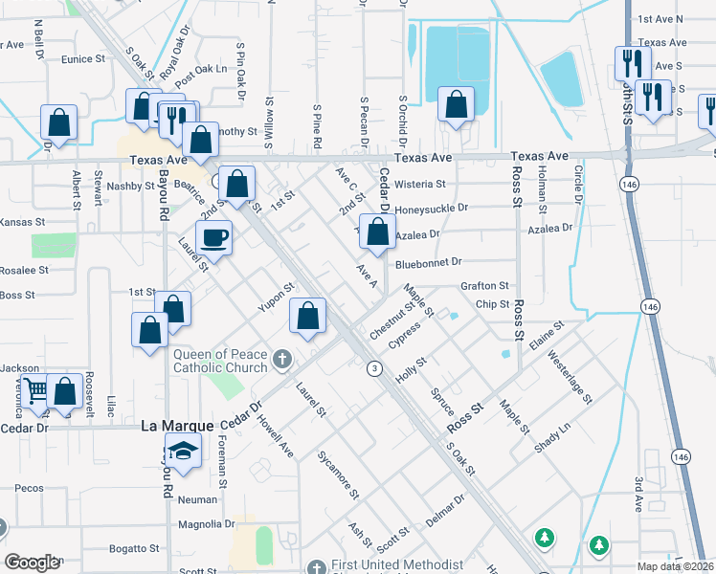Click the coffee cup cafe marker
tap(213, 236)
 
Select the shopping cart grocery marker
tap(35, 390)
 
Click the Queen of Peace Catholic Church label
tap(220, 360)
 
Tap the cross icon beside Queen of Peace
tap(280, 360)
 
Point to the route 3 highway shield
tap(375, 367)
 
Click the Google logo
tap(33, 563)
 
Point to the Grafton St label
tap(484, 285)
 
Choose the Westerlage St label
tap(571, 375)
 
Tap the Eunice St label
tap(82, 59)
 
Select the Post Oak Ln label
tap(201, 69)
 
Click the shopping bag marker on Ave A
tap(378, 232)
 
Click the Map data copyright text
tap(676, 566)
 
